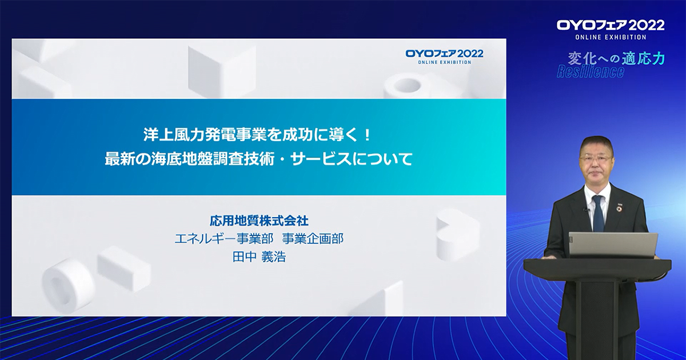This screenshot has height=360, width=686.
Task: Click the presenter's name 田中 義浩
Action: pyautogui.click(x=259, y=257)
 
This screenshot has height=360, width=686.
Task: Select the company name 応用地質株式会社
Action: pyautogui.click(x=259, y=221)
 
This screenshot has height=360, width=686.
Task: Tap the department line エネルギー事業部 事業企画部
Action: pyautogui.click(x=259, y=239)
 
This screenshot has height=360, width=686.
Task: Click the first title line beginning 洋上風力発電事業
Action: pyautogui.click(x=258, y=135)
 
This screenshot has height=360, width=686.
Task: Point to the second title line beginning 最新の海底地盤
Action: pyautogui.click(x=258, y=159)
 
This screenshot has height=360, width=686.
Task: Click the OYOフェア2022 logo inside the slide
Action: pyautogui.click(x=444, y=57)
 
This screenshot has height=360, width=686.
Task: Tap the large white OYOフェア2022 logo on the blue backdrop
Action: pyautogui.click(x=611, y=26)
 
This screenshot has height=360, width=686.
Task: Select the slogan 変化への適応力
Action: pyautogui.click(x=616, y=59)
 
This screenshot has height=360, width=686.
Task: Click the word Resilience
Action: pyautogui.click(x=590, y=71)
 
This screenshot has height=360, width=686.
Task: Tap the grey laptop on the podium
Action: pyautogui.click(x=613, y=245)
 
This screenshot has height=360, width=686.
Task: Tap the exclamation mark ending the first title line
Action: pyautogui.click(x=368, y=135)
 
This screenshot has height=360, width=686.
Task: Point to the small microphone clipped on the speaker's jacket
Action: pyautogui.click(x=585, y=210)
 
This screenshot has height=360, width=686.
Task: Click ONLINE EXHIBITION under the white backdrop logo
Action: pyautogui.click(x=611, y=37)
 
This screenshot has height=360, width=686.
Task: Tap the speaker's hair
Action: pyautogui.click(x=596, y=143)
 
